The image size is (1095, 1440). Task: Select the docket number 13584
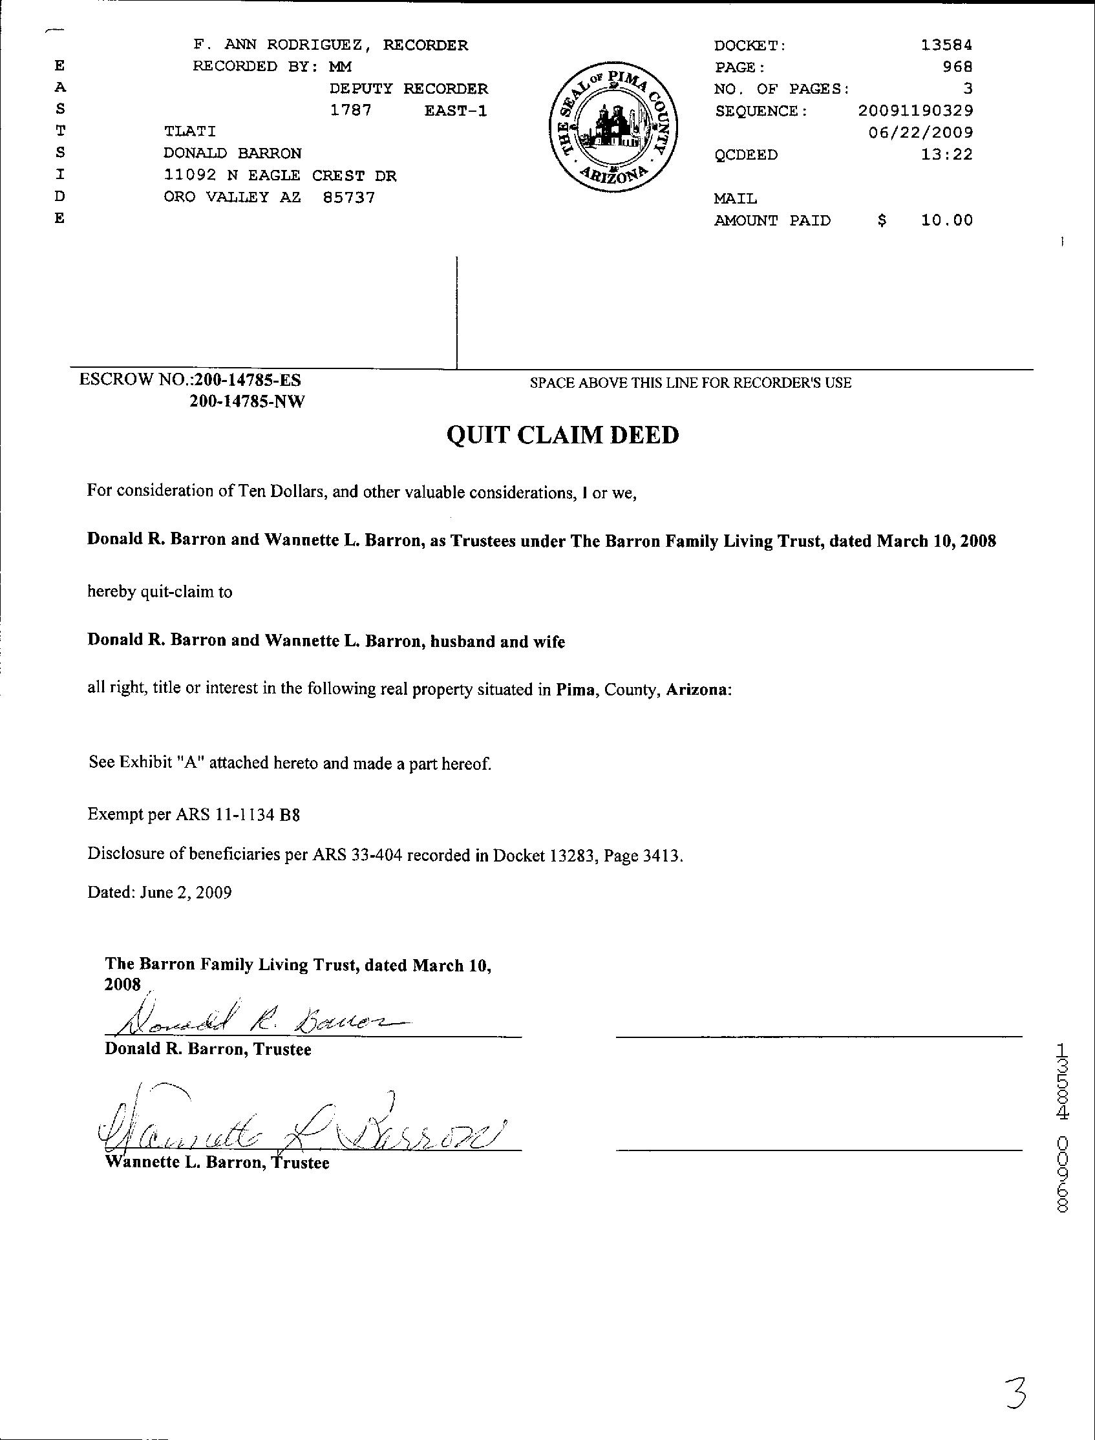946,45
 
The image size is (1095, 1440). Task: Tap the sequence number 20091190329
916,111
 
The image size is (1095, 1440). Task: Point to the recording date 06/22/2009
921,133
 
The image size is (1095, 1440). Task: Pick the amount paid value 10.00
946,220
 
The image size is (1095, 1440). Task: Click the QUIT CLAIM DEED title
562,435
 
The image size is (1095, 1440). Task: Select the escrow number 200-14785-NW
247,402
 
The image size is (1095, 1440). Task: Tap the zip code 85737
348,197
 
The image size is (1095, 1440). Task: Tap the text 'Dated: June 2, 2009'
160,892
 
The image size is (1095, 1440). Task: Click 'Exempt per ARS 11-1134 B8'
193,814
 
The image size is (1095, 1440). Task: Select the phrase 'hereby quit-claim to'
160,592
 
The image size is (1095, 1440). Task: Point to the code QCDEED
746,155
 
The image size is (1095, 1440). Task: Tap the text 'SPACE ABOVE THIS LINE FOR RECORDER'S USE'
690,383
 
